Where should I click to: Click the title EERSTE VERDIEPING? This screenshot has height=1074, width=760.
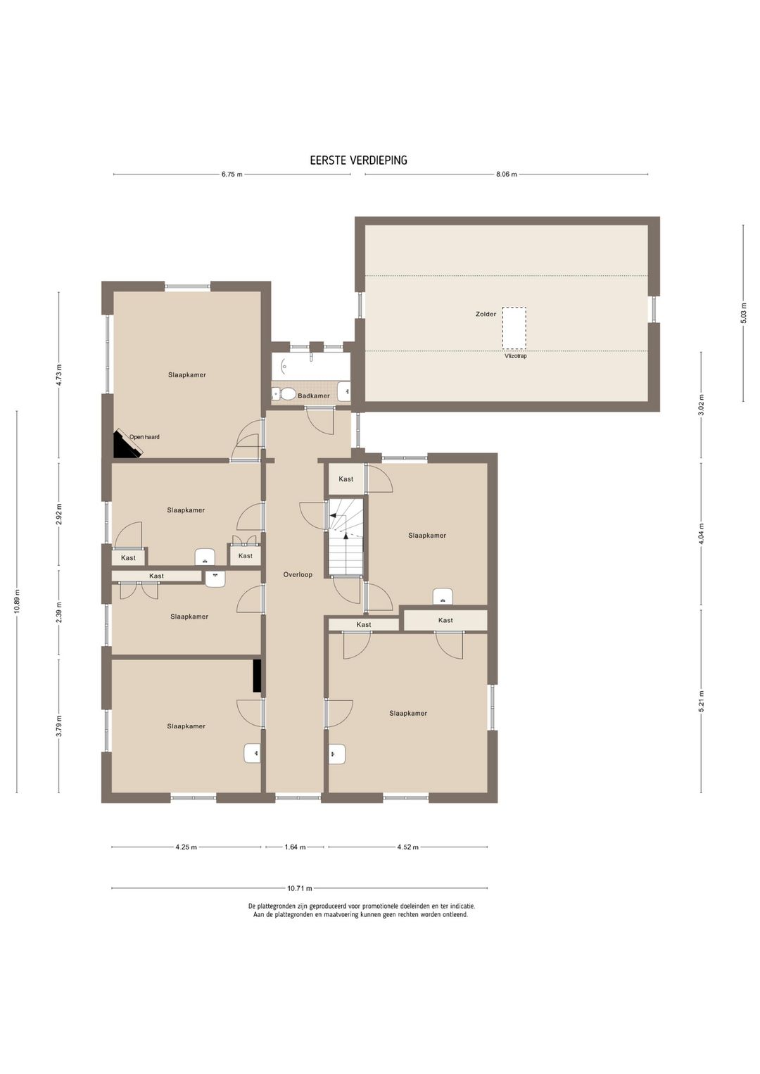click(359, 160)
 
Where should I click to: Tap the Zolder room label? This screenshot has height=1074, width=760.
click(486, 314)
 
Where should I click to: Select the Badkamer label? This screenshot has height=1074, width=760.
click(314, 396)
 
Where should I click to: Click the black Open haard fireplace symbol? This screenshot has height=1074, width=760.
click(126, 445)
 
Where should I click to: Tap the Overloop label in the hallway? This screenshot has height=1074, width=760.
click(298, 574)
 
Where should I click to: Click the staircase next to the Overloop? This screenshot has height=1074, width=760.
click(346, 536)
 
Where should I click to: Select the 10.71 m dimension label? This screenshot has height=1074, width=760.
click(300, 888)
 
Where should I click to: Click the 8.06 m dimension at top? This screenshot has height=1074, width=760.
click(507, 174)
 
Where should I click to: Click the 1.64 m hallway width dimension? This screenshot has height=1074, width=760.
click(295, 847)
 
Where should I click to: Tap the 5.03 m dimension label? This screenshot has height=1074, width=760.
click(743, 313)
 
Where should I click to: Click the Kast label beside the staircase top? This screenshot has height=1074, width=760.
click(346, 479)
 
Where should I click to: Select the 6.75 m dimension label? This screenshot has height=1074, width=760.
click(232, 174)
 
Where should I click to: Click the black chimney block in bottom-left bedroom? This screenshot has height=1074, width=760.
click(258, 676)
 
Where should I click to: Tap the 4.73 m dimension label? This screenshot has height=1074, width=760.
click(59, 375)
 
